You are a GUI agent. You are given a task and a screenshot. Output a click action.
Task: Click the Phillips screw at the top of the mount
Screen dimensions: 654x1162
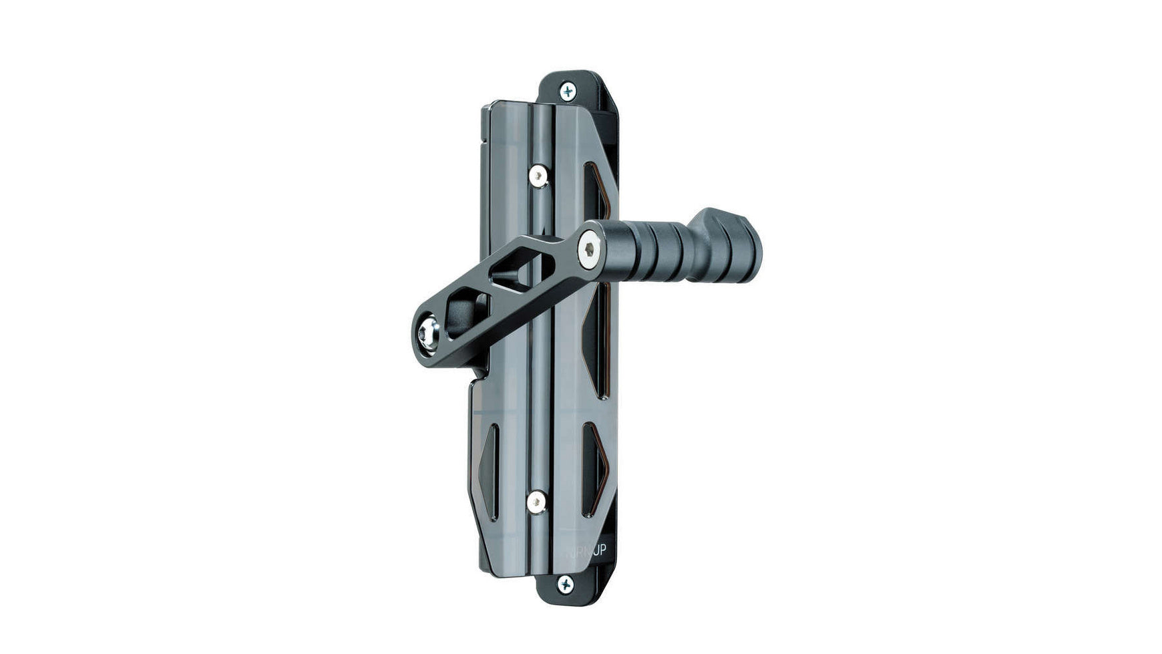point(567,91)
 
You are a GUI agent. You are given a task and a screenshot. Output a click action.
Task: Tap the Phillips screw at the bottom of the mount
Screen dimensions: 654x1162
point(565,585)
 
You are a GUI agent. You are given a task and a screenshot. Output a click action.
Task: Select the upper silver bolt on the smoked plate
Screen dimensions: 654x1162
point(538,176)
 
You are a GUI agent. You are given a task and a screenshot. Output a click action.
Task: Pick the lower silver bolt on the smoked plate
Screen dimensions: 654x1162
point(536,502)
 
